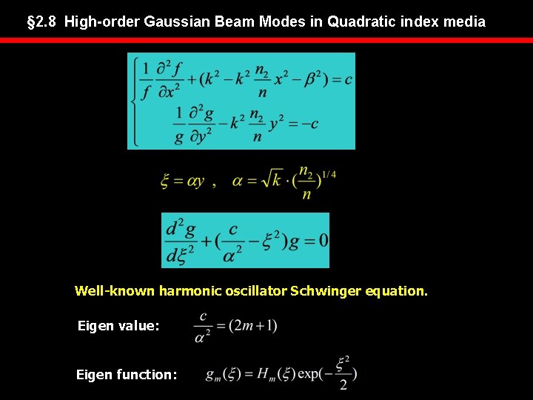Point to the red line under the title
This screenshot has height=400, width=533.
pos(266,41)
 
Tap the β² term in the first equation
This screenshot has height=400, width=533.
pos(314,79)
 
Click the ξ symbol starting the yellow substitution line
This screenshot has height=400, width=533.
pos(165,181)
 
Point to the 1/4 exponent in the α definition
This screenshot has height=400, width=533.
pos(328,173)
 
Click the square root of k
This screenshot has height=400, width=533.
pos(278,181)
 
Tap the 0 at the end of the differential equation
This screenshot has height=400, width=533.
pos(323,241)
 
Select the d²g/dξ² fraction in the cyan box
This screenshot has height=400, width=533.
pos(181,241)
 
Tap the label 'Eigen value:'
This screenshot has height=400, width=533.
pos(118,325)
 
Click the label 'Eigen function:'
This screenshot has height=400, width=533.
pos(127,375)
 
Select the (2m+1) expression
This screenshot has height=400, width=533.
pos(253,325)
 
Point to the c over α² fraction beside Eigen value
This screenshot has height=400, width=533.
pos(203,325)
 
